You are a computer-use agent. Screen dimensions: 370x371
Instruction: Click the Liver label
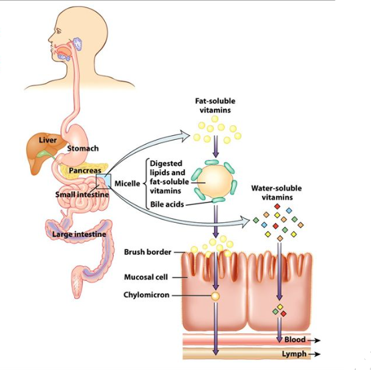tap(47, 140)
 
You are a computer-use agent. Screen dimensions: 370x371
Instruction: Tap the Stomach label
tap(83, 148)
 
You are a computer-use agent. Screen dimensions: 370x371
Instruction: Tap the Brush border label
tap(147, 252)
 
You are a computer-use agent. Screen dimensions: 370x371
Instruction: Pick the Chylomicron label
tap(146, 294)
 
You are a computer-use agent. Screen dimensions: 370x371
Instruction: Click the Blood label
tap(295, 340)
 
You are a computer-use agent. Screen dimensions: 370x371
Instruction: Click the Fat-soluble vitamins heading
tap(215, 105)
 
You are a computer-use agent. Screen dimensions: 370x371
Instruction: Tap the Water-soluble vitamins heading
tap(277, 193)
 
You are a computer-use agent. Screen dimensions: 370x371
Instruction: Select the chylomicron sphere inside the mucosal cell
tap(215, 295)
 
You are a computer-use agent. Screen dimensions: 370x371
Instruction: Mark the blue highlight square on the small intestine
tap(103, 181)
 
